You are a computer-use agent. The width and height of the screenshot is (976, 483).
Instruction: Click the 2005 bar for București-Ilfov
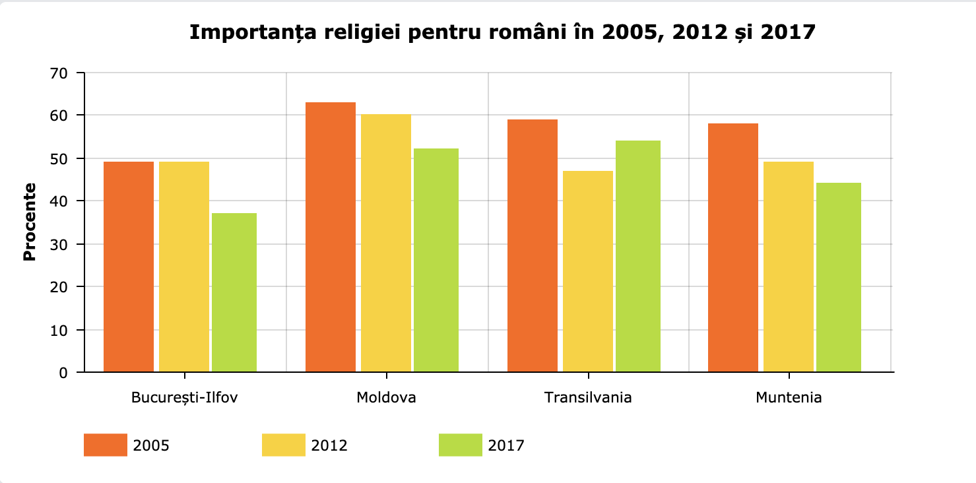pos(129,267)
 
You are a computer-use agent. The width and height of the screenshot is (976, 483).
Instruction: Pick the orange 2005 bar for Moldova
pos(331,237)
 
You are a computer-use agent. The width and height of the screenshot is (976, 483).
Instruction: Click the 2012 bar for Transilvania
pos(587,271)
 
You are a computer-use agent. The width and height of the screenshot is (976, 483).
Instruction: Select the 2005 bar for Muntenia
pos(733,247)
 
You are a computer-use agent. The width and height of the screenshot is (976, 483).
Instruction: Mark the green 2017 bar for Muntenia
pos(839,277)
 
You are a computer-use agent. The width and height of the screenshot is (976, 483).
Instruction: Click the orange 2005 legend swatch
pos(105,445)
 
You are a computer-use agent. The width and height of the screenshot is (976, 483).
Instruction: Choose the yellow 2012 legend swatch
pos(283,445)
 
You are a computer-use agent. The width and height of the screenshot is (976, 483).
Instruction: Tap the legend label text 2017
pos(506,445)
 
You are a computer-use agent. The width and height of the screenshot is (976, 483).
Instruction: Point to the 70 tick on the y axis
pos(59,73)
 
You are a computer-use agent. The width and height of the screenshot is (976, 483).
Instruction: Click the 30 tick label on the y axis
pos(59,244)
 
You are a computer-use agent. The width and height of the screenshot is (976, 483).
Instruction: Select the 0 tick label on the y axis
pos(63,373)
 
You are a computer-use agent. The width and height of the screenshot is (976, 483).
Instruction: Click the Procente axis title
pos(29,222)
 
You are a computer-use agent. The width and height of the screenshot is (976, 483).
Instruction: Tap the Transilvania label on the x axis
pos(588,398)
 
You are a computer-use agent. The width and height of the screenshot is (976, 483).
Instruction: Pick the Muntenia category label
pos(789,398)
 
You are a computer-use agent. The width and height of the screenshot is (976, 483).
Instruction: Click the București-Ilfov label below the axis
pos(185,398)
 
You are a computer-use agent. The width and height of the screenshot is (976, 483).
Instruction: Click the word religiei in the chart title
pos(356,32)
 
